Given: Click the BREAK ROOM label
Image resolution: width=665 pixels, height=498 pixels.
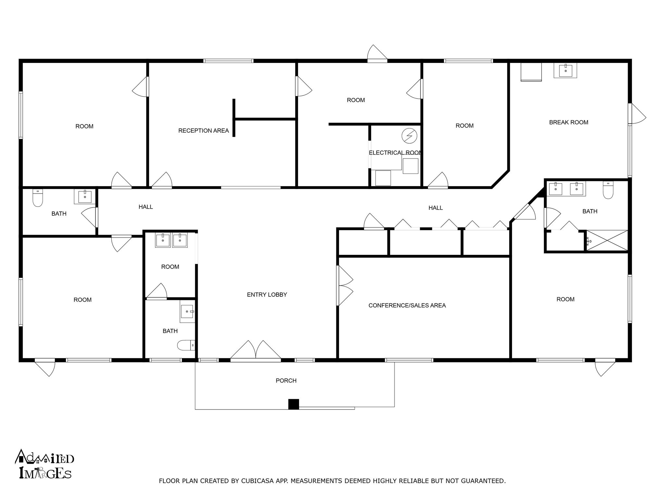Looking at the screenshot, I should (568, 122).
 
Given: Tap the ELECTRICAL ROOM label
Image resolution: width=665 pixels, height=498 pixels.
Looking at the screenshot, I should (395, 153).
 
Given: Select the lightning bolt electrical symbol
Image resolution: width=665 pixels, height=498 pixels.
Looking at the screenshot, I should (409, 136).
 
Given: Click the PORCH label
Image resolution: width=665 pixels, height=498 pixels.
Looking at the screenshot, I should (286, 381).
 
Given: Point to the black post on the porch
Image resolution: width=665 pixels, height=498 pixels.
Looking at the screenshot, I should (294, 404).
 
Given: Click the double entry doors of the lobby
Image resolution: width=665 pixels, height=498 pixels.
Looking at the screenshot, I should (256, 351).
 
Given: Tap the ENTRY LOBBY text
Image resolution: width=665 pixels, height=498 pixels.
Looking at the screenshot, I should (267, 295).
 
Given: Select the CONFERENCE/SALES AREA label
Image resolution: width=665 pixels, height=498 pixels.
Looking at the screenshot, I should (407, 305).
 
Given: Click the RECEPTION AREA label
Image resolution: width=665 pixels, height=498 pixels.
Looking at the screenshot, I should (204, 131).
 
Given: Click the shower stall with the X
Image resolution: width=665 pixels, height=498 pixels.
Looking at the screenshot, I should (607, 240).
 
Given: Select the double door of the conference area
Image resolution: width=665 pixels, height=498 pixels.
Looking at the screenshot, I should (345, 285).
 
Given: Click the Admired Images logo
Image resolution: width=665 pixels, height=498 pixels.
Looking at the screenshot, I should (44, 464).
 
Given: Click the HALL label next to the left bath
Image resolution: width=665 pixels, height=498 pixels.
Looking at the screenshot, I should (145, 207).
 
